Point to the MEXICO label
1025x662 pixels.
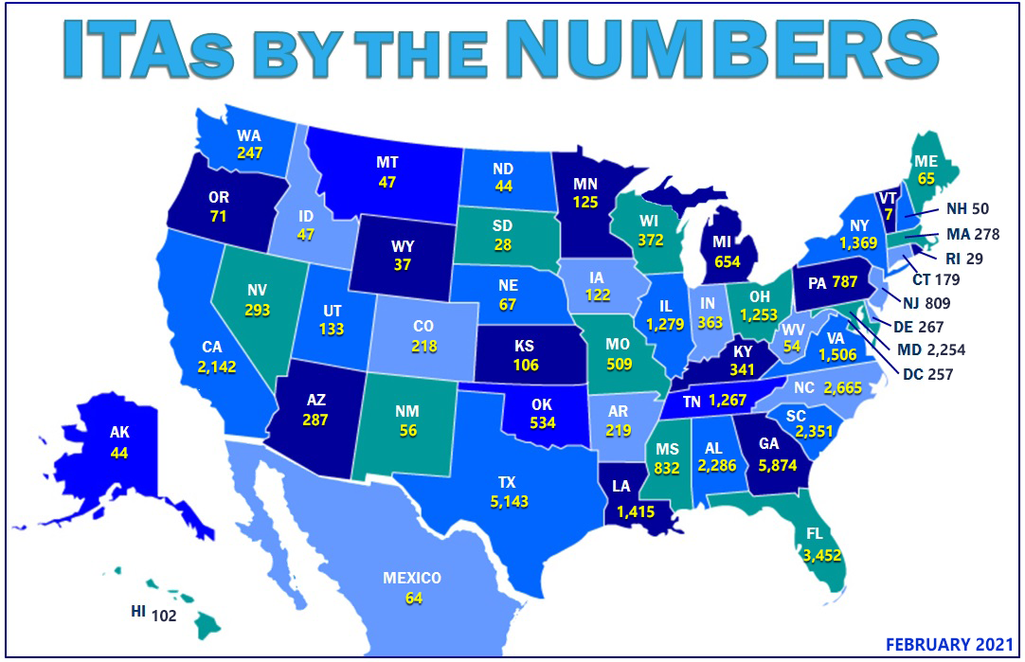point(411,578)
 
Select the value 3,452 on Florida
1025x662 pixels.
point(822,556)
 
